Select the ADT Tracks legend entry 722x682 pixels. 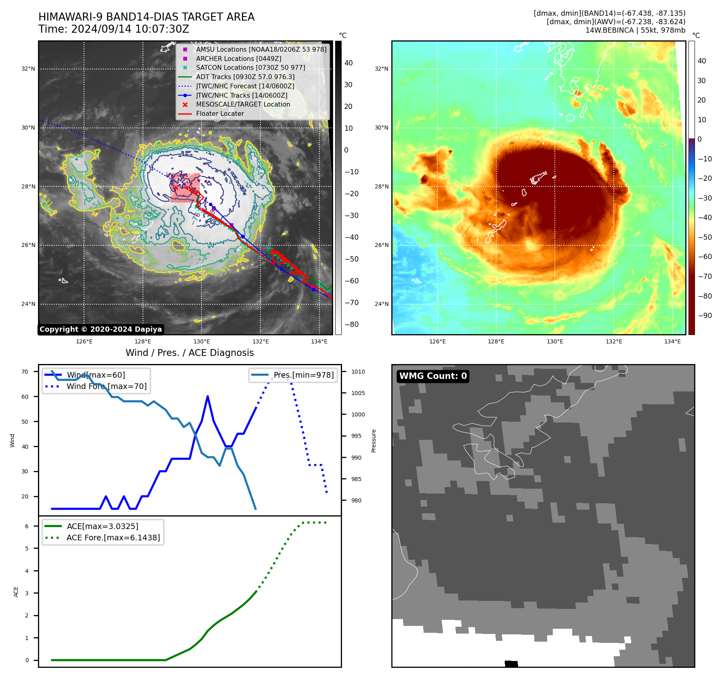[245, 77]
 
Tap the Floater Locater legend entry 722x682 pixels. [220, 114]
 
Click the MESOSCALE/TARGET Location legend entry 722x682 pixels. [243, 105]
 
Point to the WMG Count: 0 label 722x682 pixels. [433, 376]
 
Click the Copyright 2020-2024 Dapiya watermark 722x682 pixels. [101, 329]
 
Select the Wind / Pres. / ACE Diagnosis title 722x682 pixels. [189, 353]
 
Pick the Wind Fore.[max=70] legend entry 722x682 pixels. [107, 387]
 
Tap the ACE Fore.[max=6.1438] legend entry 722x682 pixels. [113, 538]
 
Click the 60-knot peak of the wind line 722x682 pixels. [208, 396]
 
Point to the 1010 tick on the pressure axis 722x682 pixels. [358, 372]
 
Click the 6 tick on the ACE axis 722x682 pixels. [27, 526]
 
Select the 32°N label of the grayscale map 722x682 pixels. [28, 69]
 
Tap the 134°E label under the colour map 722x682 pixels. [672, 342]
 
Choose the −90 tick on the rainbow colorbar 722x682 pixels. [705, 316]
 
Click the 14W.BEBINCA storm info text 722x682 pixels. [635, 30]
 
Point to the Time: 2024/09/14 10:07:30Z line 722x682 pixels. [113, 29]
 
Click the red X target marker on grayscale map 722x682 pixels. [175, 188]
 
